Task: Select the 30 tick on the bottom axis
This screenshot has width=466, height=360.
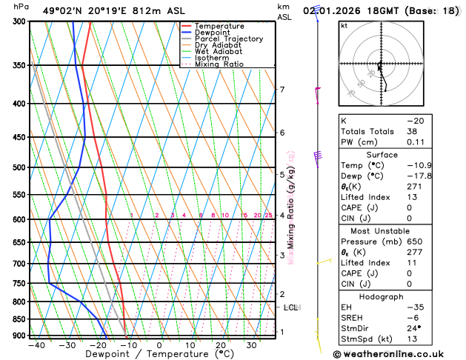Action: pos(252,344)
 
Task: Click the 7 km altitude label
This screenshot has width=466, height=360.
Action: pos(282,90)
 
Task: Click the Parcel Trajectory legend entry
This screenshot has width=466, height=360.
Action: pos(228,39)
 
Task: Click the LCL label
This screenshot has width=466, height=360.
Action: pos(290,307)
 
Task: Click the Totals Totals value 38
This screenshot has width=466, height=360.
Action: pos(412,131)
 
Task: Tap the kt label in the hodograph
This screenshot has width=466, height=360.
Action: pos(344,25)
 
